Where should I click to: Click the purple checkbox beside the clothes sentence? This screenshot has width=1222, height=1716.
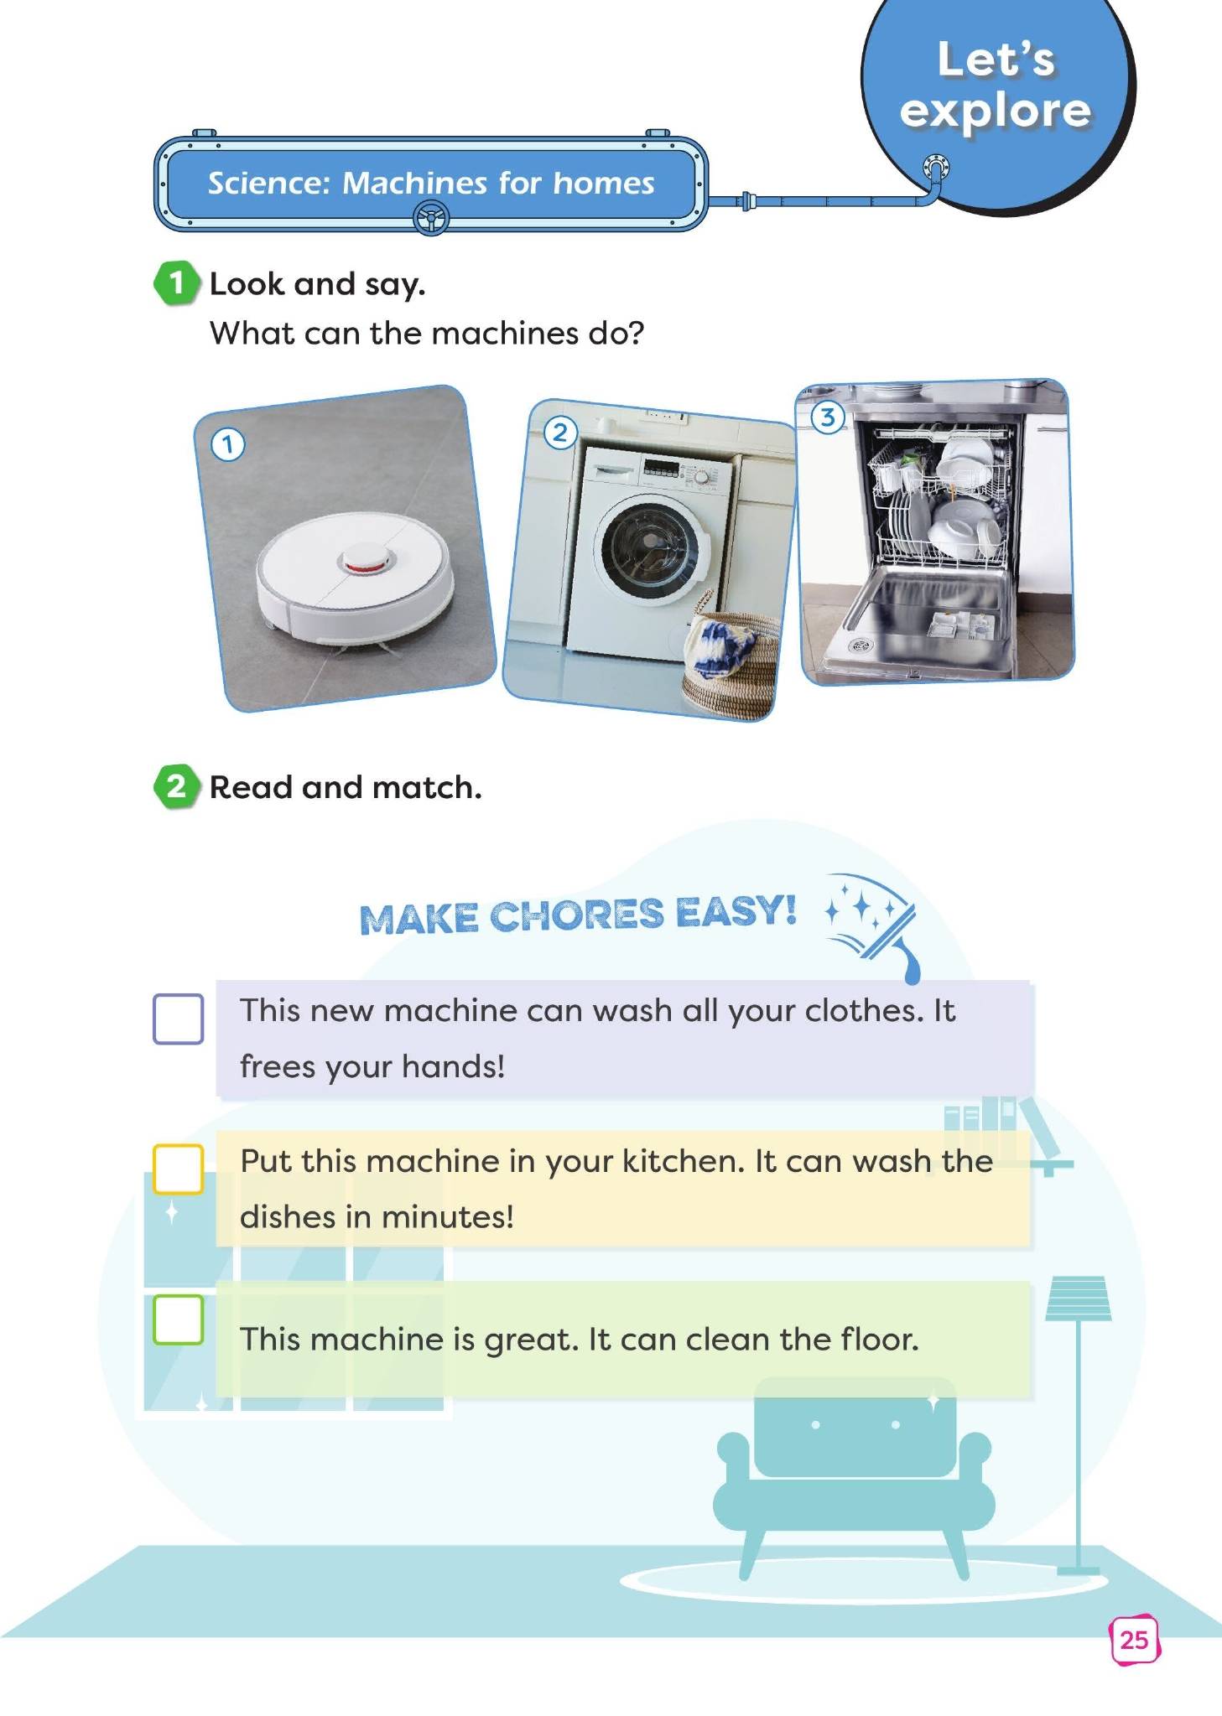pos(178,1019)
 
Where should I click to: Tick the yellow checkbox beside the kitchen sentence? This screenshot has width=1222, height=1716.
pos(178,1169)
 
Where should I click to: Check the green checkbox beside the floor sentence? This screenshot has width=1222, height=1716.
pos(178,1319)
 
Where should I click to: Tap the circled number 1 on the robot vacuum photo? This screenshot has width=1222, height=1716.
pos(227,444)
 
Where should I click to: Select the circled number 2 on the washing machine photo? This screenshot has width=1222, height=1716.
pos(559,433)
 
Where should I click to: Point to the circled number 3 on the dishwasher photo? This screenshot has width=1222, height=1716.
pos(828,417)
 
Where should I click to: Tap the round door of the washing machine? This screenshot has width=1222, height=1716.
pos(649,547)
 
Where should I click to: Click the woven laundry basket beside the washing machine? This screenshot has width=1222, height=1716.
pos(727,663)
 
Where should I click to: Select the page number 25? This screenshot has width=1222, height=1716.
pos(1134,1640)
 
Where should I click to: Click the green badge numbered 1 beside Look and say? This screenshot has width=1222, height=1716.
pos(176,283)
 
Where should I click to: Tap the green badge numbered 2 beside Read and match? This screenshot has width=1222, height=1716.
pos(176,786)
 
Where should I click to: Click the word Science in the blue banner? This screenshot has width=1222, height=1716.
pos(269,183)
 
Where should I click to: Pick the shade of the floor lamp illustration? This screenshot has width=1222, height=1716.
pos(1079,1299)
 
